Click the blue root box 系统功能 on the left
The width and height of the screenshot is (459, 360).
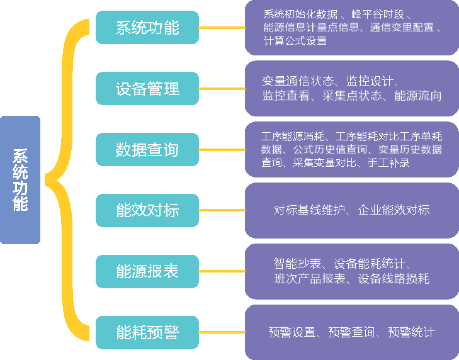[20, 180]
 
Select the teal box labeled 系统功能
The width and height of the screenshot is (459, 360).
[147, 28]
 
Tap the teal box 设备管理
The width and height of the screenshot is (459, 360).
[147, 89]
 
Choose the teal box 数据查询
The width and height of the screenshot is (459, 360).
[147, 150]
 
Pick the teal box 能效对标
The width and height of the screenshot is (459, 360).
[147, 210]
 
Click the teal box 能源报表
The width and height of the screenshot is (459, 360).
[147, 271]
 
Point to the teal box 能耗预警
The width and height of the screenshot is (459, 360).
[147, 332]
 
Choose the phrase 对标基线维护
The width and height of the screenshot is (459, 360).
[308, 210]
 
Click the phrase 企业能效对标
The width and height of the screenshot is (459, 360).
[394, 210]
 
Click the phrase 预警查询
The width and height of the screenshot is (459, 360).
[351, 332]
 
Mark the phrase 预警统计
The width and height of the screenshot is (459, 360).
[411, 332]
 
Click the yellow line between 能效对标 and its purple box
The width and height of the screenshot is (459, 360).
[222, 210]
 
